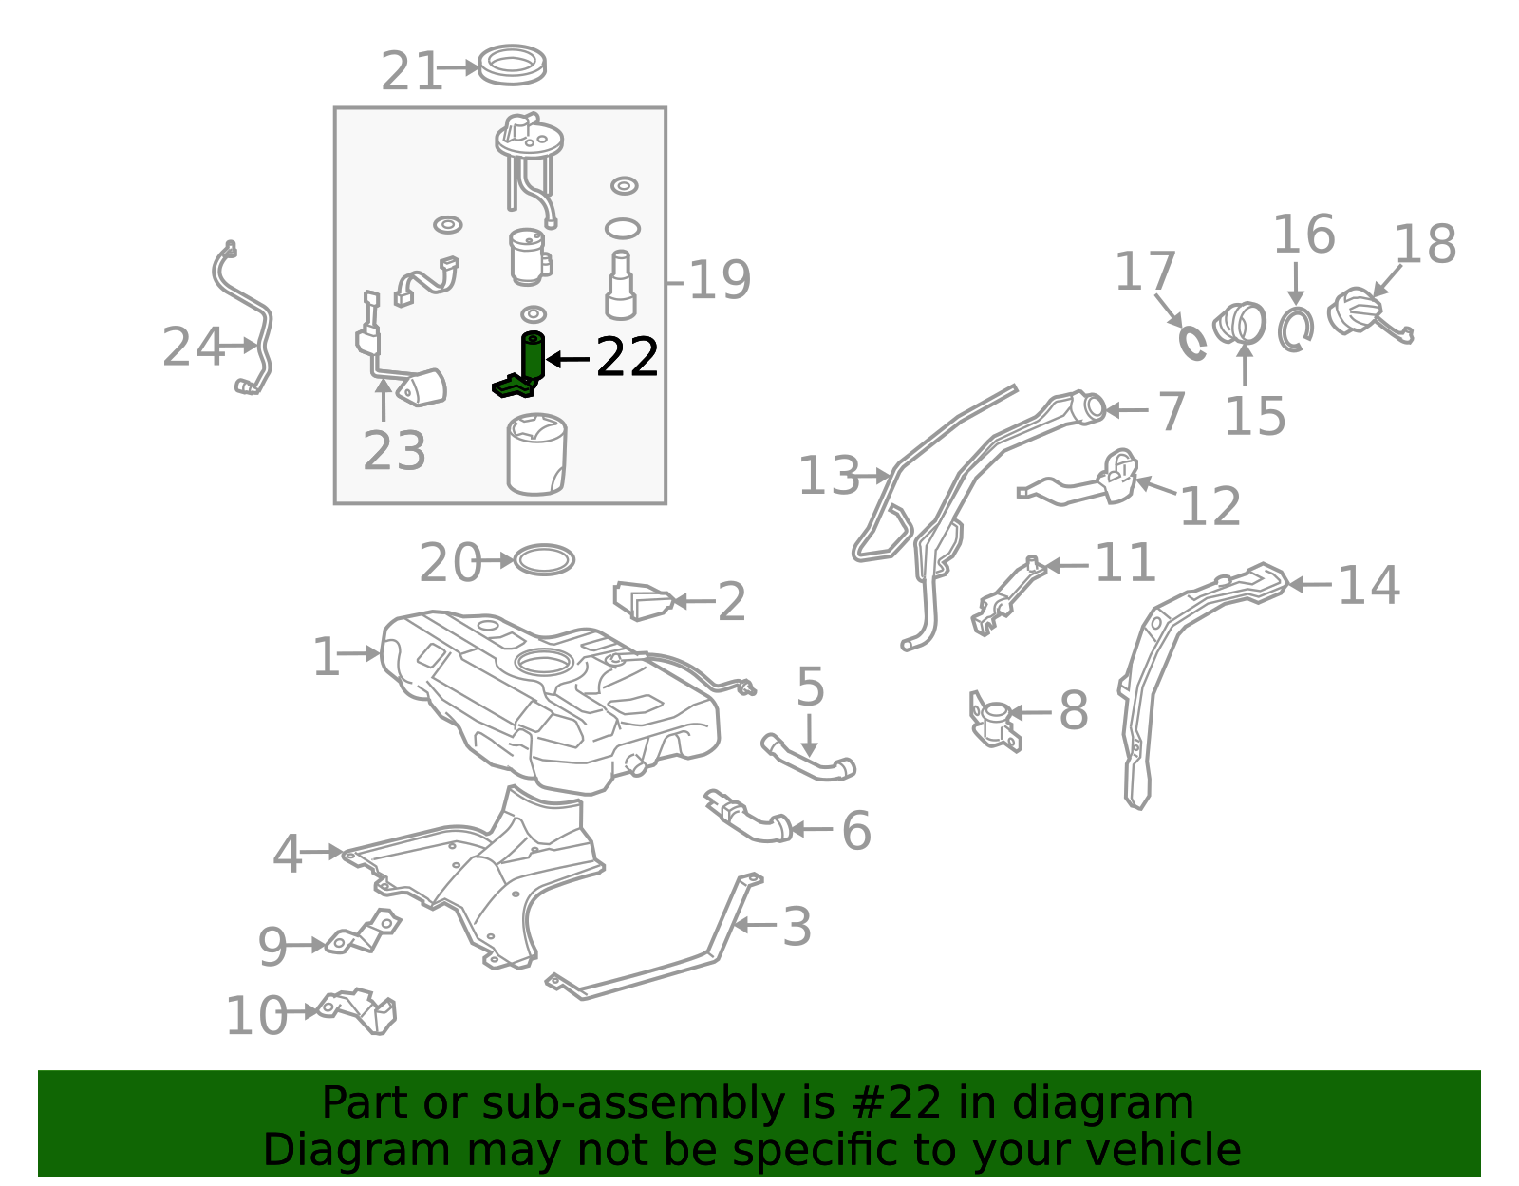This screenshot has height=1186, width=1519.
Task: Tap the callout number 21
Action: click(412, 71)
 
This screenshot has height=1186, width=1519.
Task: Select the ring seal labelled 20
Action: click(544, 560)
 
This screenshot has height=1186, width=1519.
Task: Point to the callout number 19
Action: click(720, 281)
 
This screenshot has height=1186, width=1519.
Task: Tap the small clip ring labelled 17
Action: click(1191, 342)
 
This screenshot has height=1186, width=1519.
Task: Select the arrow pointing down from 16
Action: click(1295, 284)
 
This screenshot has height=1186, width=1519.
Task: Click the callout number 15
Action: click(1255, 417)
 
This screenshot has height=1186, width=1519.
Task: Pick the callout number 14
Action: click(1369, 585)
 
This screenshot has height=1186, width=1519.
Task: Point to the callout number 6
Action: click(856, 830)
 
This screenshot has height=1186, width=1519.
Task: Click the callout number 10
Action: click(256, 1015)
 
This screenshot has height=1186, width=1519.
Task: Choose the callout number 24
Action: click(193, 348)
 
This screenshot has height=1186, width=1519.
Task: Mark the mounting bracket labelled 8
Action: click(995, 722)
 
